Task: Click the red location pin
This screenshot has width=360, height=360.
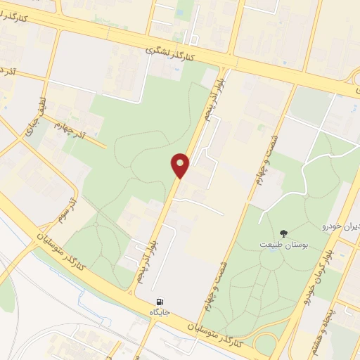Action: coord(181,165)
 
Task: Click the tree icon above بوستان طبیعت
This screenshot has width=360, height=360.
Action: coord(283,233)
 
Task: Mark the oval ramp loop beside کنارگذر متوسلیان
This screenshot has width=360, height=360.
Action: coord(266,343)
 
